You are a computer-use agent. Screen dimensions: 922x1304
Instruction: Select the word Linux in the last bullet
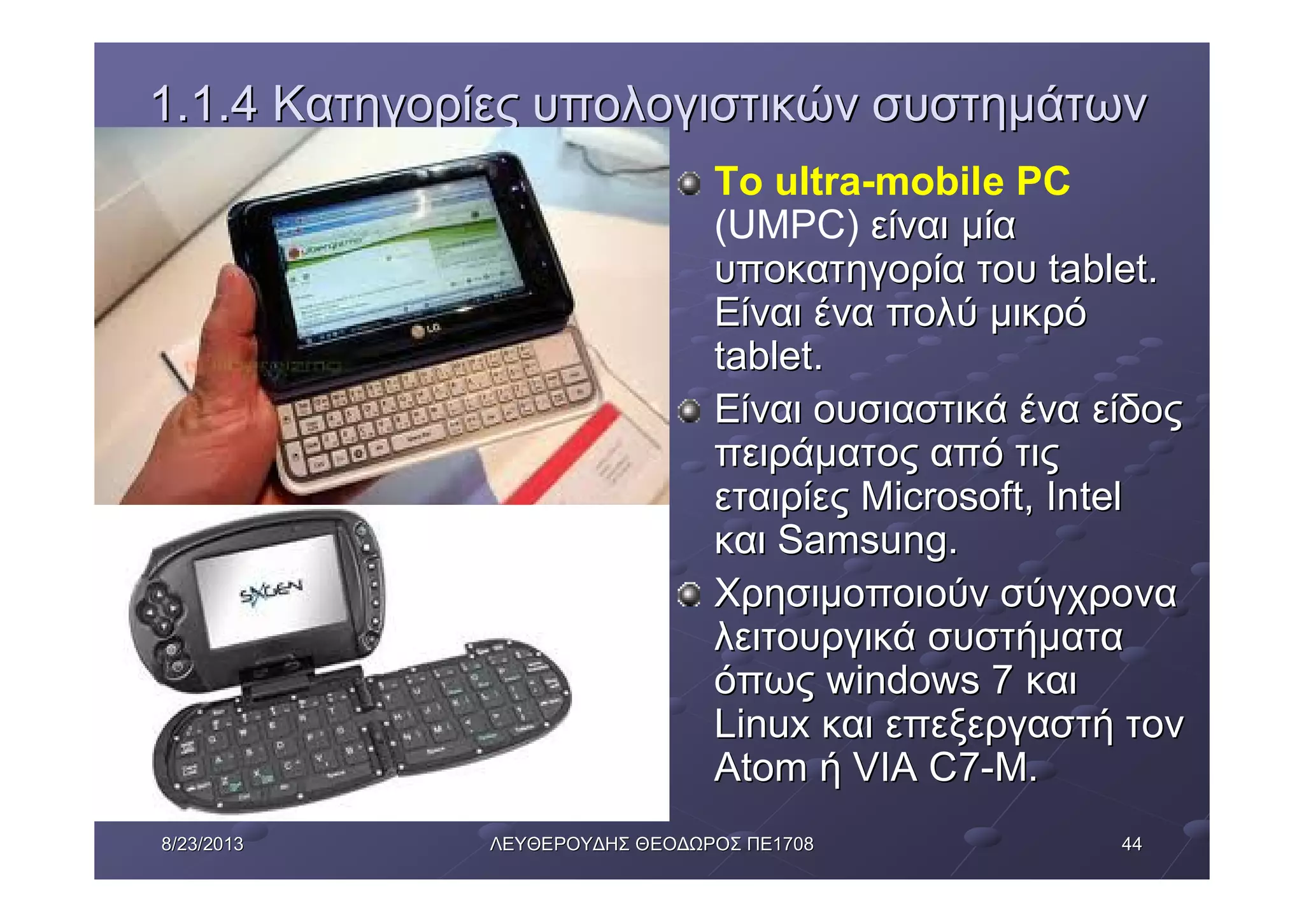(x=762, y=724)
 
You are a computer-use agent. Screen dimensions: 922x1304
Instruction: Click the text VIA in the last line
(x=886, y=767)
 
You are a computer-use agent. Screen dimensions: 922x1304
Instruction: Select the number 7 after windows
(x=1002, y=681)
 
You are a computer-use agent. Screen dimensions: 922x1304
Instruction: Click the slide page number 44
(x=1131, y=844)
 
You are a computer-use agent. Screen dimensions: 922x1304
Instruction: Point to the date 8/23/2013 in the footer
(x=202, y=844)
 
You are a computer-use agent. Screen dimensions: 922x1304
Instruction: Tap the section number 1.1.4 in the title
(x=204, y=105)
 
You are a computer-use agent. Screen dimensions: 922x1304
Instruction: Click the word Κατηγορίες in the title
(x=395, y=105)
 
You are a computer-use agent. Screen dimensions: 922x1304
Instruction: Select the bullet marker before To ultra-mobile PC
(x=689, y=184)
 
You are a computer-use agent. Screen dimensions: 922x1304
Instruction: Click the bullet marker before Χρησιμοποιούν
(x=689, y=596)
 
